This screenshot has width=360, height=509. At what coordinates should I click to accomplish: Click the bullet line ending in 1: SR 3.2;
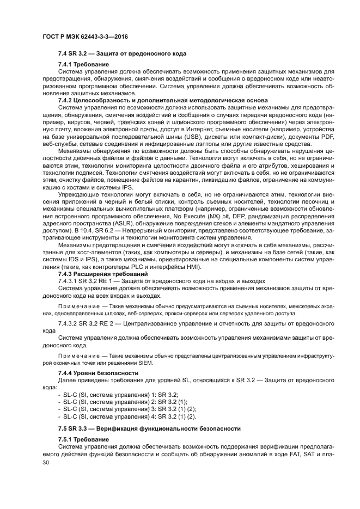tap(117, 393)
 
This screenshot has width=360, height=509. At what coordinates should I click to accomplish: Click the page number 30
tap(45, 462)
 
